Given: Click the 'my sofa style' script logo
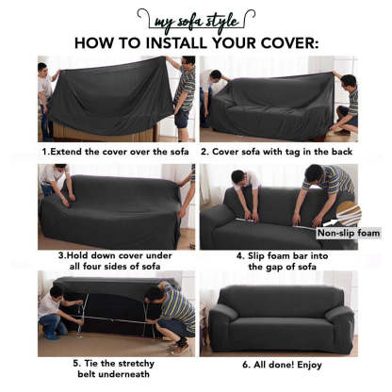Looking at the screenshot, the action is coord(196,22).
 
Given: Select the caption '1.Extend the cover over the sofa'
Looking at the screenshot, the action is coord(115,152).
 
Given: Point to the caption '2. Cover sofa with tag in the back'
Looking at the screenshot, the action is coord(276,152).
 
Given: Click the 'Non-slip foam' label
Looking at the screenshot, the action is coord(349,233).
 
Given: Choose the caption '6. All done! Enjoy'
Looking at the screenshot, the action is coord(282,365).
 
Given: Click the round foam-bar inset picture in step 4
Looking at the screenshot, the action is coord(350,214).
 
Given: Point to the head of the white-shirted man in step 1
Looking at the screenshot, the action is coord(42,68).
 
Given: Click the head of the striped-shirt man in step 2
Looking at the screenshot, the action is coord(349,82).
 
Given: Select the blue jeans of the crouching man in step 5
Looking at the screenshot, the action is coord(52,325).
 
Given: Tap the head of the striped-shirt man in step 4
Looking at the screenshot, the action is coord(314,173).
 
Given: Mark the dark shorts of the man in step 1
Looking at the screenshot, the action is coord(182,118).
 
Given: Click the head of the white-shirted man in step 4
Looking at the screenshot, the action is coord(238,178).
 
